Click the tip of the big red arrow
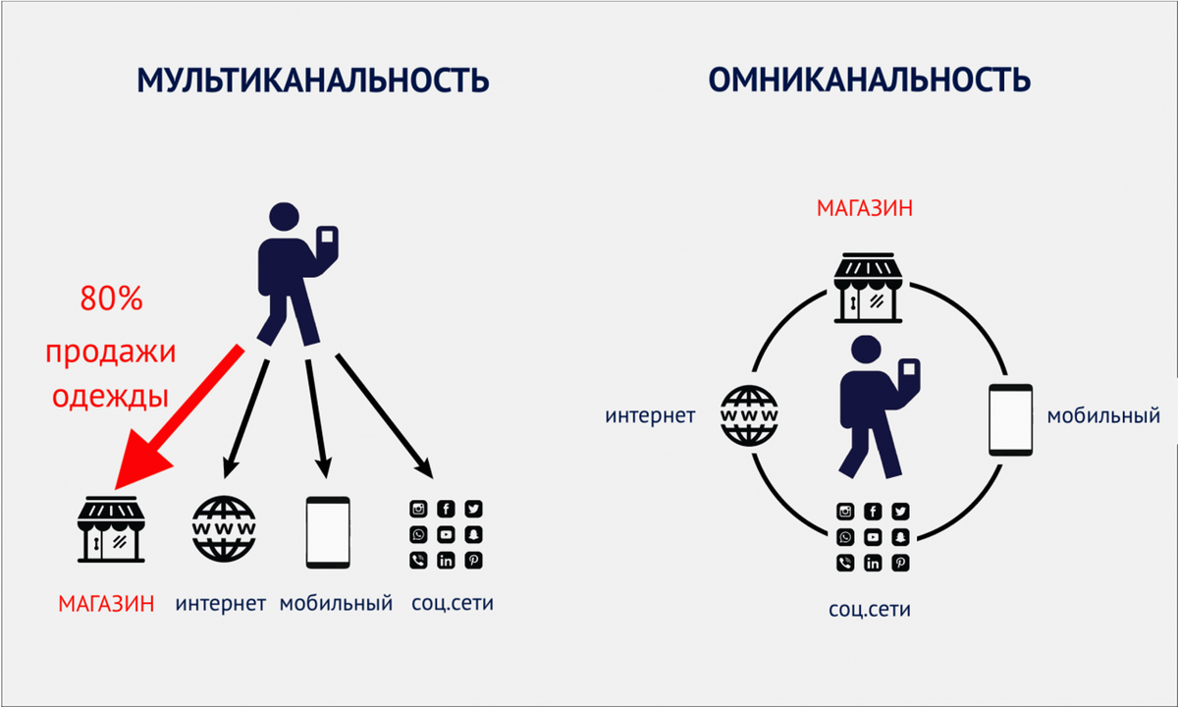tap(116, 489)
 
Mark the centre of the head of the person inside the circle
tap(866, 350)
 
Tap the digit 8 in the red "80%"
tap(89, 299)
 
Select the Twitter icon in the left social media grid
tap(473, 509)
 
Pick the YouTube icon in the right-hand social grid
tap(873, 537)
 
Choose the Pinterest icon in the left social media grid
tap(473, 561)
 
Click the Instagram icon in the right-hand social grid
tap(845, 512)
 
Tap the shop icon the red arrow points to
tap(111, 529)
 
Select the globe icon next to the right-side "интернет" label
tap(749, 415)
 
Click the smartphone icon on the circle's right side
tap(1010, 420)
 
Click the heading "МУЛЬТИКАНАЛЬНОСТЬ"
tap(313, 80)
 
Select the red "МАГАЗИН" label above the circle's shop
tap(865, 208)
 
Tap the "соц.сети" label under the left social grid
tap(453, 603)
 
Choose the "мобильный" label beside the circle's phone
tap(1103, 416)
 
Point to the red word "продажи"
tap(110, 353)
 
